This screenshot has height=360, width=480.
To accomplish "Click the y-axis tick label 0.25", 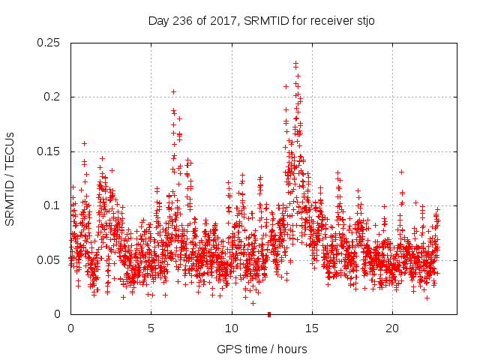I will click(50, 43).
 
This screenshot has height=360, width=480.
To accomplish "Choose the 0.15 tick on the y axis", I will click(50, 151).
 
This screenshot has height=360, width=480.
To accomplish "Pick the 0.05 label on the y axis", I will click(50, 260).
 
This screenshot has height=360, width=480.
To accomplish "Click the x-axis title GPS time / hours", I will click(262, 349).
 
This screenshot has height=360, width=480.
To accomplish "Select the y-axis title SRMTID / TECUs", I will click(10, 178).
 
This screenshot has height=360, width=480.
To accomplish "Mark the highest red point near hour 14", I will click(295, 63).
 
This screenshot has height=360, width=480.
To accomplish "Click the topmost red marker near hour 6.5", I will click(173, 91).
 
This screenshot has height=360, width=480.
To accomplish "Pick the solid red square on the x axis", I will click(269, 313).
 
